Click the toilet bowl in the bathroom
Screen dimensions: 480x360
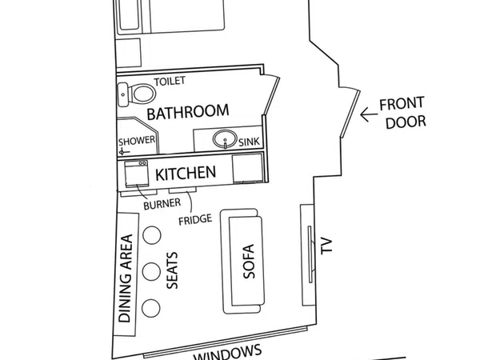pyautogui.click(x=142, y=93)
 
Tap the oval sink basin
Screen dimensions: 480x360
pyautogui.click(x=225, y=139)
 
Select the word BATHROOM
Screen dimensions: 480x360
pyautogui.click(x=188, y=111)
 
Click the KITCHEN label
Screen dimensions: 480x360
pyautogui.click(x=186, y=174)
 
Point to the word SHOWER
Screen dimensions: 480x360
pyautogui.click(x=137, y=141)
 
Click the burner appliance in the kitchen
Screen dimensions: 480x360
pyautogui.click(x=136, y=174)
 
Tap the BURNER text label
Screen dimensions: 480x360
pyautogui.click(x=162, y=204)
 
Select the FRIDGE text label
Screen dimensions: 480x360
pyautogui.click(x=195, y=220)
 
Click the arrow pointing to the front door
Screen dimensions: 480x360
pyautogui.click(x=369, y=114)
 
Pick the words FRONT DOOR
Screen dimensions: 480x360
pyautogui.click(x=403, y=113)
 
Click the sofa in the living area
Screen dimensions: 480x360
pyautogui.click(x=242, y=262)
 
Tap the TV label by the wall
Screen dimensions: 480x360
pyautogui.click(x=326, y=246)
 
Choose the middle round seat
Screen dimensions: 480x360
pyautogui.click(x=151, y=271)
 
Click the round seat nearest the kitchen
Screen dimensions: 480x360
pyautogui.click(x=152, y=235)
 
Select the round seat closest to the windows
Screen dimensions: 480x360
pyautogui.click(x=151, y=308)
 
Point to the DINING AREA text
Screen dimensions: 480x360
pyautogui.click(x=126, y=278)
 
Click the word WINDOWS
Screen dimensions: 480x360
pyautogui.click(x=228, y=354)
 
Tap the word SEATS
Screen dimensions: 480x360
pyautogui.click(x=172, y=270)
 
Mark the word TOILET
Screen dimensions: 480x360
pyautogui.click(x=170, y=81)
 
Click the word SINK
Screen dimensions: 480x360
pyautogui.click(x=249, y=142)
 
